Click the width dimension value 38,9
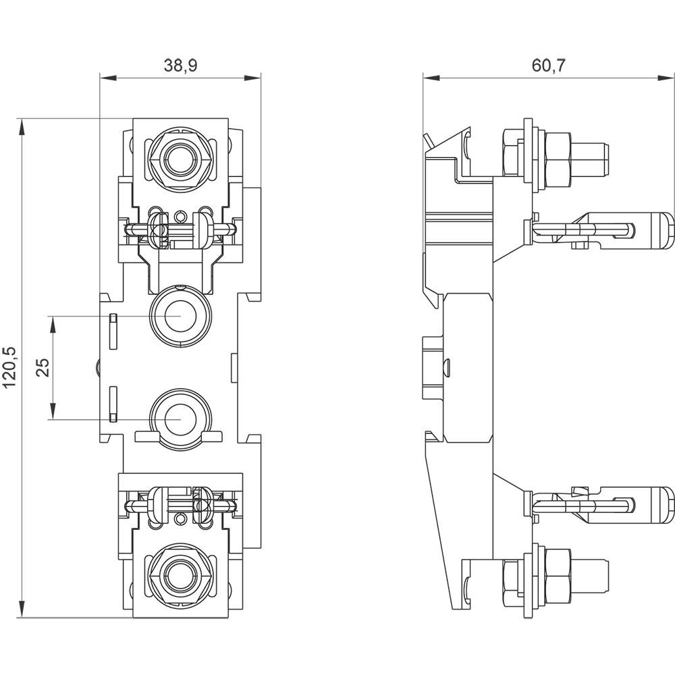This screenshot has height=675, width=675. [180, 65]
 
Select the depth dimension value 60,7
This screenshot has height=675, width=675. [548, 65]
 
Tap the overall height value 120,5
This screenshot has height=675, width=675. [9, 368]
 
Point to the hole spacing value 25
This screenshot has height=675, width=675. [43, 368]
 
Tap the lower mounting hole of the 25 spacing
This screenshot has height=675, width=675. [179, 418]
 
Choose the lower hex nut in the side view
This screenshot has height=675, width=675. [558, 570]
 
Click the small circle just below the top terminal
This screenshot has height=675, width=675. [179, 217]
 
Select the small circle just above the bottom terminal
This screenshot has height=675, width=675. [179, 518]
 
